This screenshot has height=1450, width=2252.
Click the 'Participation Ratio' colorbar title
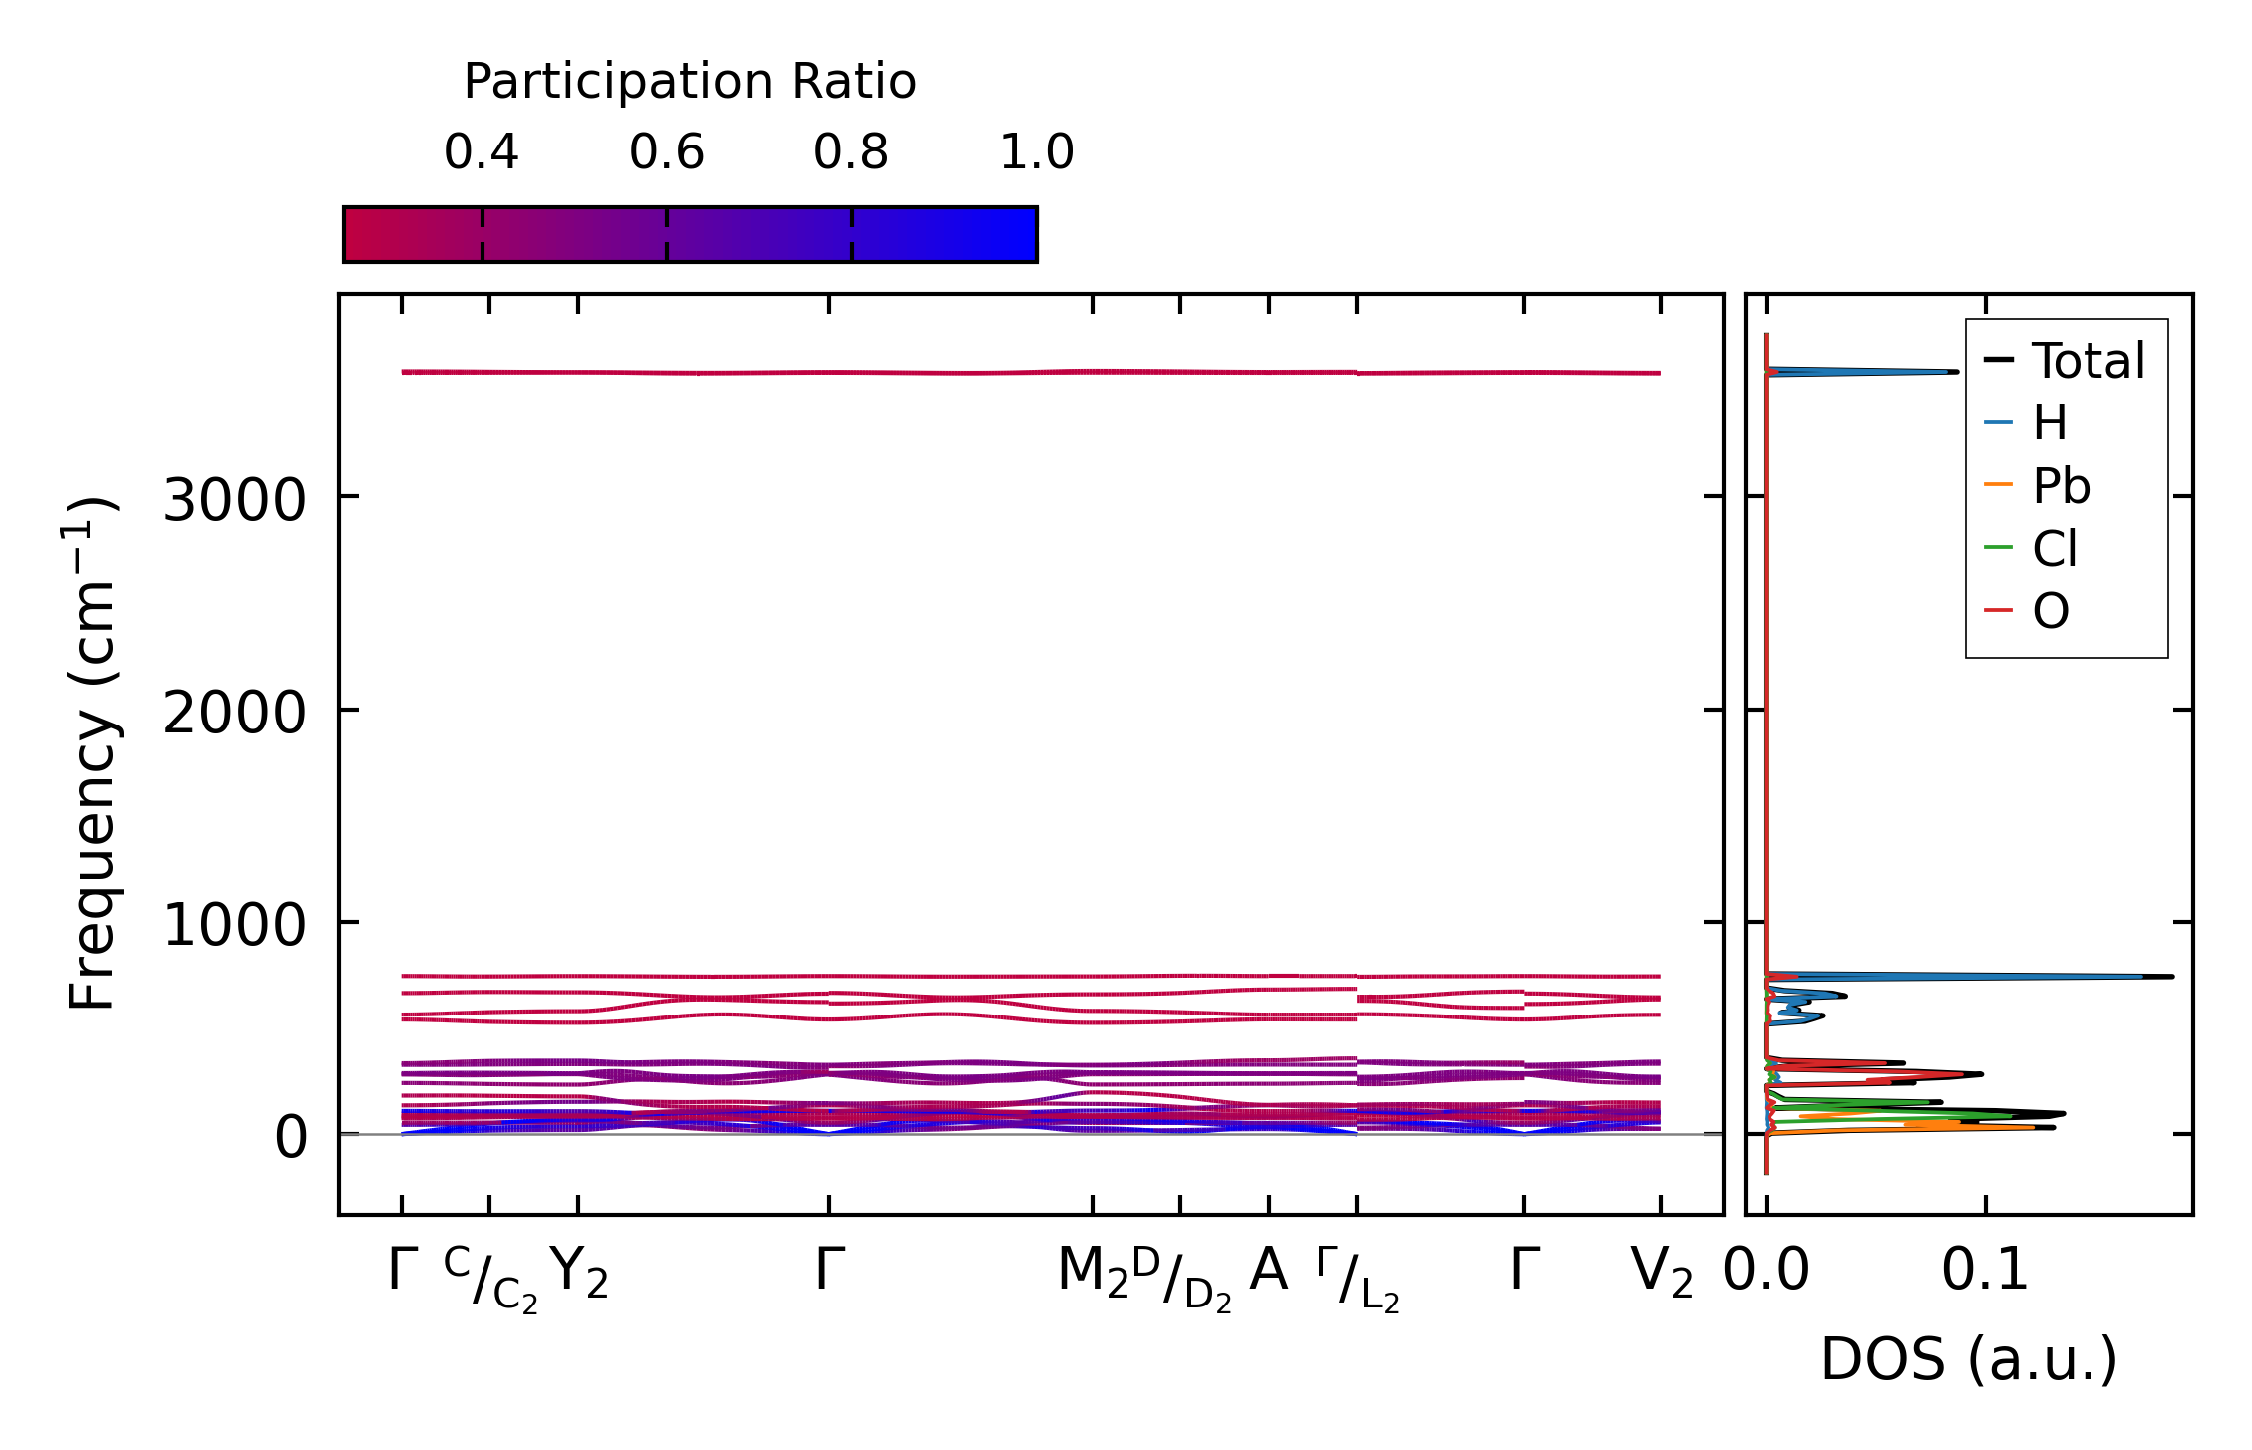690,82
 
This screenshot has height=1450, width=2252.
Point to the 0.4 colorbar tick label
482,153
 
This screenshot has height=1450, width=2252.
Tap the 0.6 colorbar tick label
667,153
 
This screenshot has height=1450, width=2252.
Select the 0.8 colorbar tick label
851,153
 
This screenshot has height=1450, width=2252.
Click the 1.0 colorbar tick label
1037,153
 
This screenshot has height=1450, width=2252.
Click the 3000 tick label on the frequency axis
234,500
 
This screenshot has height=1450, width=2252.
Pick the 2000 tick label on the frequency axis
234,714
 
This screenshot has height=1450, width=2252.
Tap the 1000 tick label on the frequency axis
234,926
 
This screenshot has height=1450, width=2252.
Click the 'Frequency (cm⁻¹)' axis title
92,753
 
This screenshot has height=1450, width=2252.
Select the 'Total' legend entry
2088,361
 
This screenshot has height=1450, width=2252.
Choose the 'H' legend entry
2050,424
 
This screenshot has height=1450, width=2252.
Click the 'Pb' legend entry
2061,486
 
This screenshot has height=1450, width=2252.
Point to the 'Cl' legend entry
2055,549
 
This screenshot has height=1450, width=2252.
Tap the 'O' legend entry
2051,611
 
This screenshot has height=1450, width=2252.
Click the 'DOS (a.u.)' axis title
1969,1359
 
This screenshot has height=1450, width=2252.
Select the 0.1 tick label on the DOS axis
1985,1271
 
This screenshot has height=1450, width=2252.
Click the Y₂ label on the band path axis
579,1273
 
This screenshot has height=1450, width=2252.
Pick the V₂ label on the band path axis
1661,1273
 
